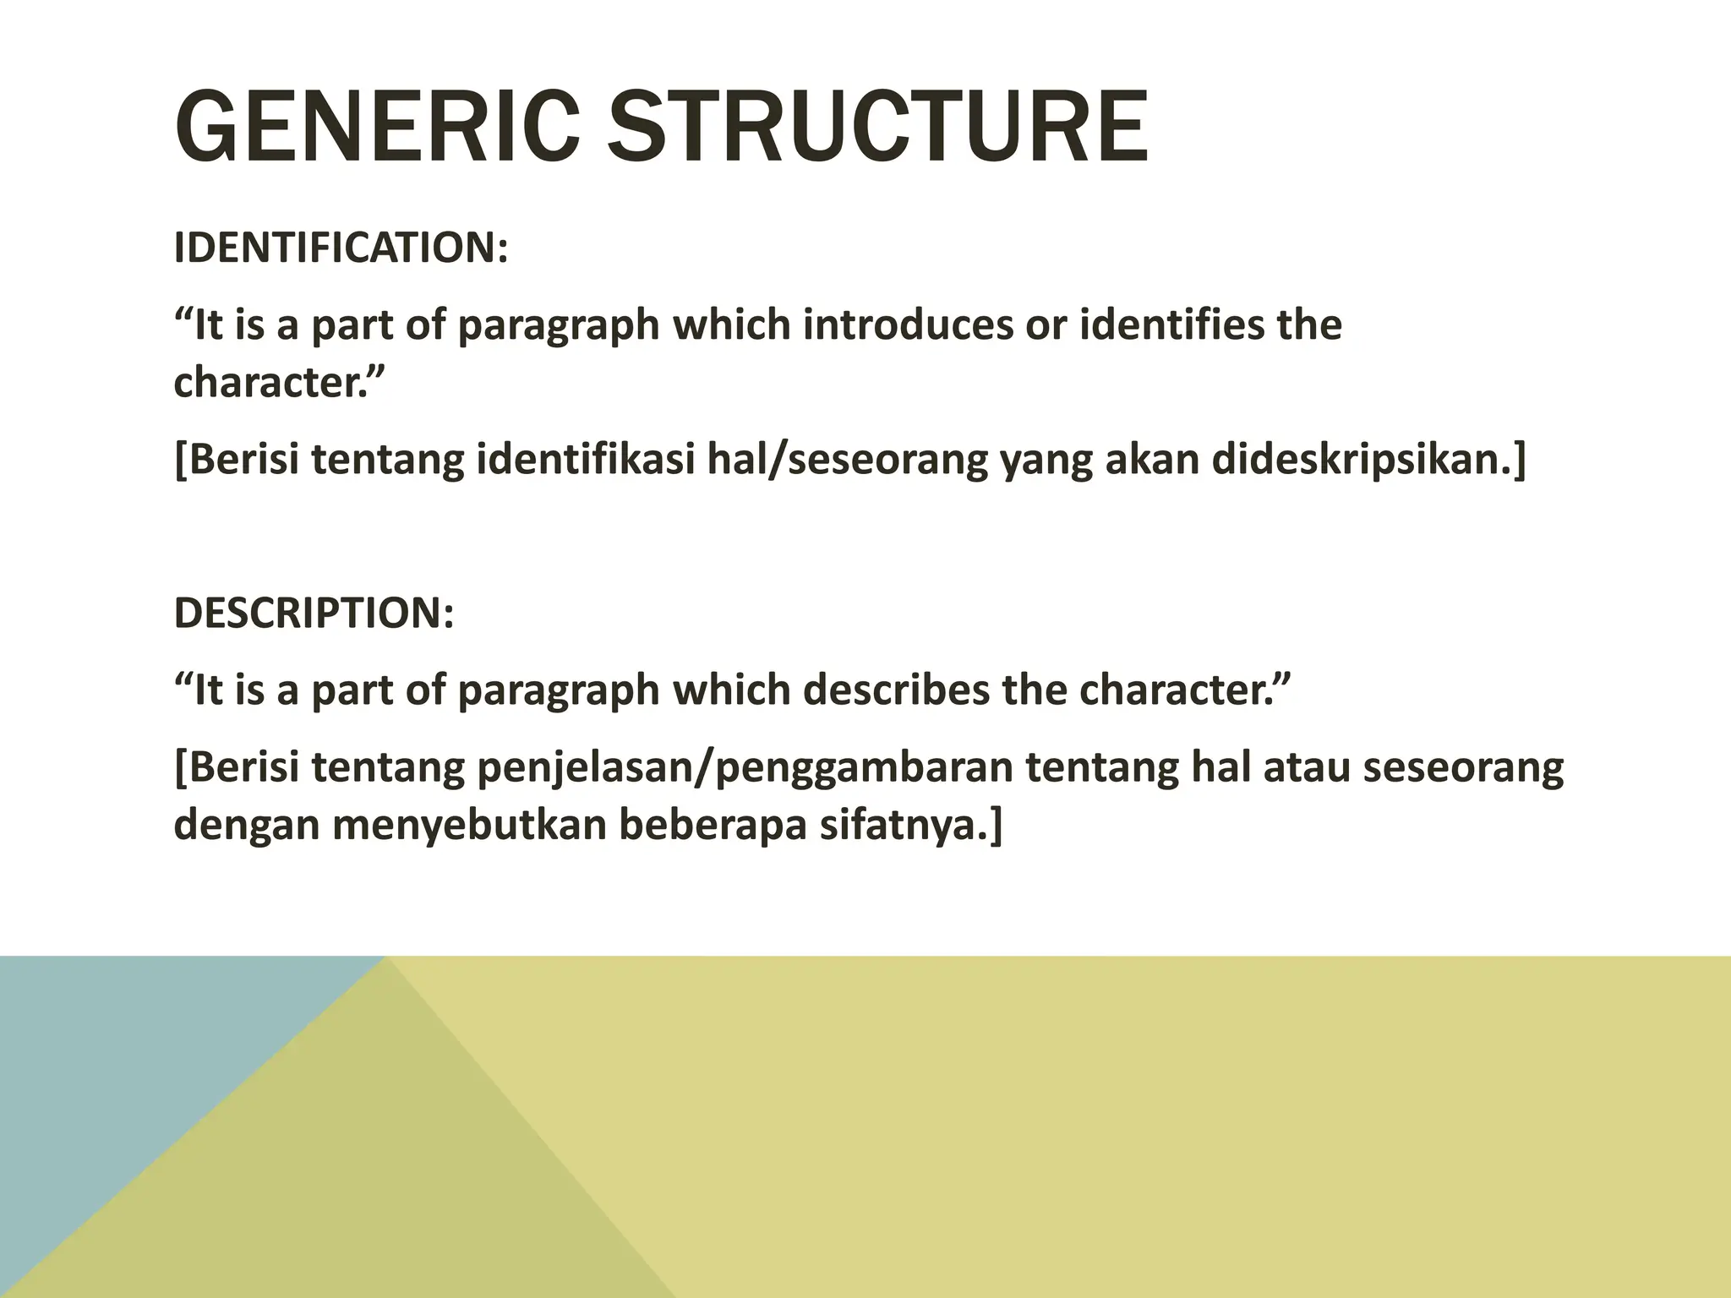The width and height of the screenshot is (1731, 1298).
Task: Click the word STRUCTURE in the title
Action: (878, 128)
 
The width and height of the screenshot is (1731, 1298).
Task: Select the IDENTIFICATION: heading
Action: (341, 248)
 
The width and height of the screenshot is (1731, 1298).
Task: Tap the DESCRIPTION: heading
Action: (314, 613)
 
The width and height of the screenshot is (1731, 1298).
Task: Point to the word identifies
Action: (1172, 325)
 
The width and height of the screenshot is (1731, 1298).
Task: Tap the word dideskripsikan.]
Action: (1369, 460)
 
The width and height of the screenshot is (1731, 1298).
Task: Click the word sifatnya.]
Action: (910, 825)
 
